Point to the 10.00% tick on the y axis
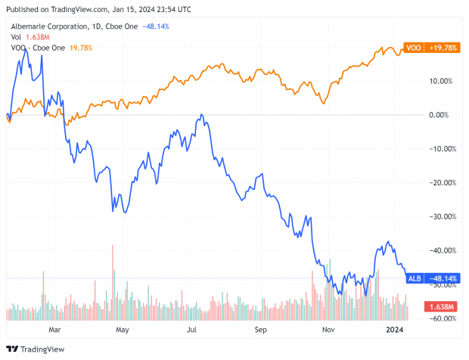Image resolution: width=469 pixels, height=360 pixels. tap(440, 81)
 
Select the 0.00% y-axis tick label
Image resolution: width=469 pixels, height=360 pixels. tap(442, 115)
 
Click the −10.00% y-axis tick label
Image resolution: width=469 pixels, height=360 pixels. tap(439, 149)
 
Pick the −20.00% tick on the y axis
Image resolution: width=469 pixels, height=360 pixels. tap(439, 183)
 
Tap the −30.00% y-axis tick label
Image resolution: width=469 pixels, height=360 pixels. tap(439, 216)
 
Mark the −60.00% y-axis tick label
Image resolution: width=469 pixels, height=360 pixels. tap(439, 318)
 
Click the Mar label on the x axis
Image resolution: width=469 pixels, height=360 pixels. tap(54, 331)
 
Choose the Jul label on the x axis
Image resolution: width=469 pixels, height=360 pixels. tap(192, 331)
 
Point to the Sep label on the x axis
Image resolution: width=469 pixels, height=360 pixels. tap(261, 331)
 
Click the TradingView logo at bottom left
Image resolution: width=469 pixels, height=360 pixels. tap(36, 349)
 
